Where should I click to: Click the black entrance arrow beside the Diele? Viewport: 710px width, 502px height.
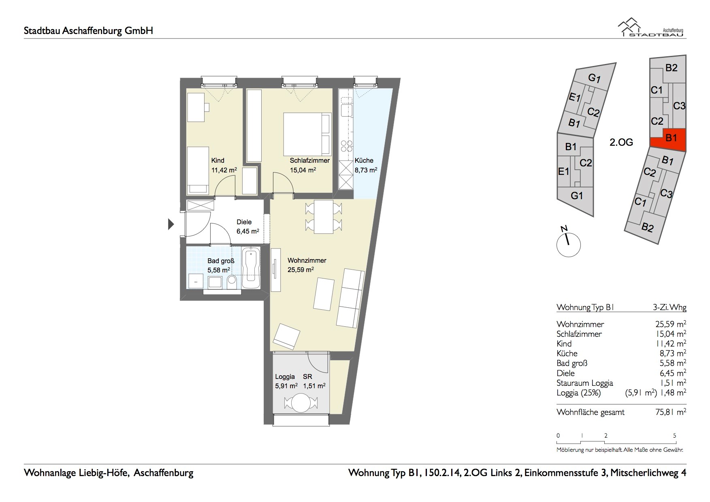(x=171, y=224)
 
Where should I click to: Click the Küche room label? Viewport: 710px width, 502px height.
(x=364, y=160)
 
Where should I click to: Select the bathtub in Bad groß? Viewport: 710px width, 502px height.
(x=252, y=268)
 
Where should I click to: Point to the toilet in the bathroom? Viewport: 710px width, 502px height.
(x=232, y=282)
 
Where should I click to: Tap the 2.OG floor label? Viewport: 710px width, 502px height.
(x=621, y=142)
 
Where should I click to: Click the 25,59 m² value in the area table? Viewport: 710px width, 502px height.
(x=671, y=324)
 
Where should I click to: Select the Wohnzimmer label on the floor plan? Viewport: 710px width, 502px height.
(x=307, y=260)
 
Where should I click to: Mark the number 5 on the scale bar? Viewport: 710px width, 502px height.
(x=675, y=436)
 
